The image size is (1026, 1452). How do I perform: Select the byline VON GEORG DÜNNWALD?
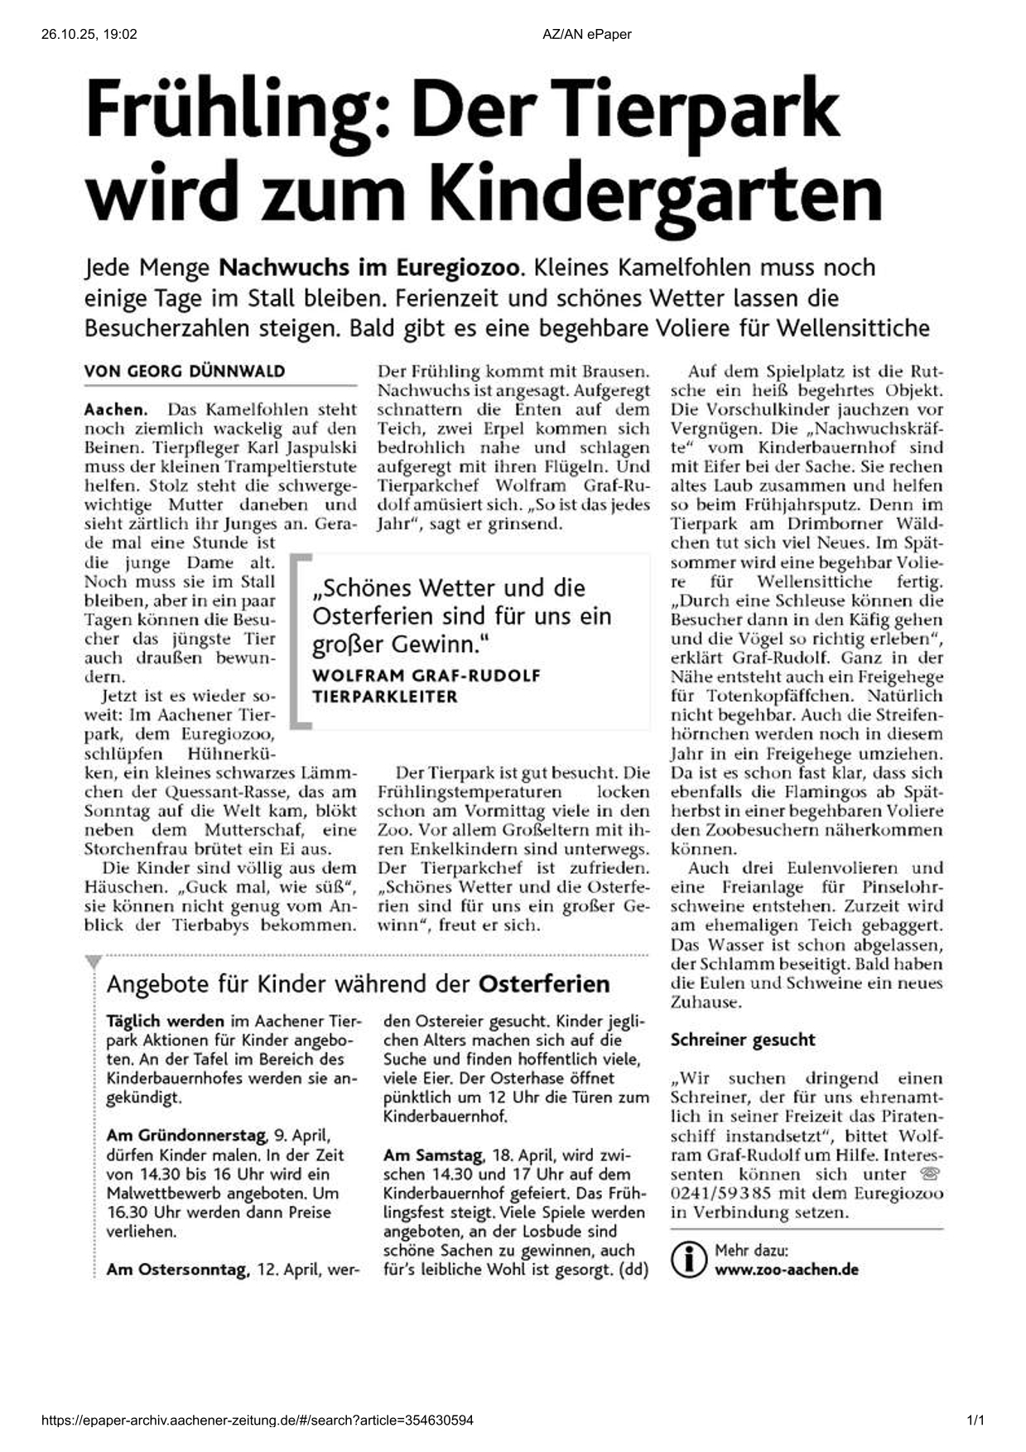point(184,371)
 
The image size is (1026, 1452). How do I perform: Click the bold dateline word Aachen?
point(115,409)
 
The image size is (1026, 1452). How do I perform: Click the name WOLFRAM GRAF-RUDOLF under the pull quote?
point(426,675)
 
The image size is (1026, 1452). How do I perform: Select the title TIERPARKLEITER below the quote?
point(384,697)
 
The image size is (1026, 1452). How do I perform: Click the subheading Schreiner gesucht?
point(743,1040)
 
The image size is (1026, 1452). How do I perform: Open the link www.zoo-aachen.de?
point(786,1270)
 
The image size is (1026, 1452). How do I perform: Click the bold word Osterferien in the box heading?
point(544,984)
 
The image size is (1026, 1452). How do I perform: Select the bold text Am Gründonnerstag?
point(186,1136)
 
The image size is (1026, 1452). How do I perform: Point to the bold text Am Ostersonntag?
point(177,1270)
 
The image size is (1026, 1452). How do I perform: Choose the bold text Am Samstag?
point(433,1155)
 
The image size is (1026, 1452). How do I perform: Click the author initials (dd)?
point(633,1270)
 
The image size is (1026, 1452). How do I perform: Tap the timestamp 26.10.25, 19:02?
point(89,34)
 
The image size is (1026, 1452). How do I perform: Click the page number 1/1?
point(976,1421)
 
